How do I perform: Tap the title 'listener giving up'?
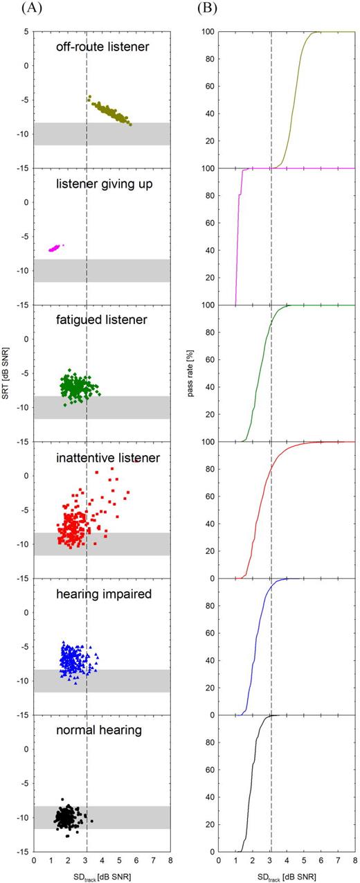point(102,184)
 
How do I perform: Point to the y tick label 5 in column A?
point(27,32)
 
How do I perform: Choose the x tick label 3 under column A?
point(86,861)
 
